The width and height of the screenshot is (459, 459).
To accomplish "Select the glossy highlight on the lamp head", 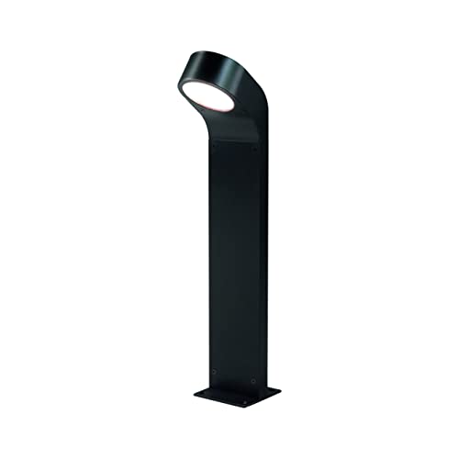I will coord(197,55).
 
